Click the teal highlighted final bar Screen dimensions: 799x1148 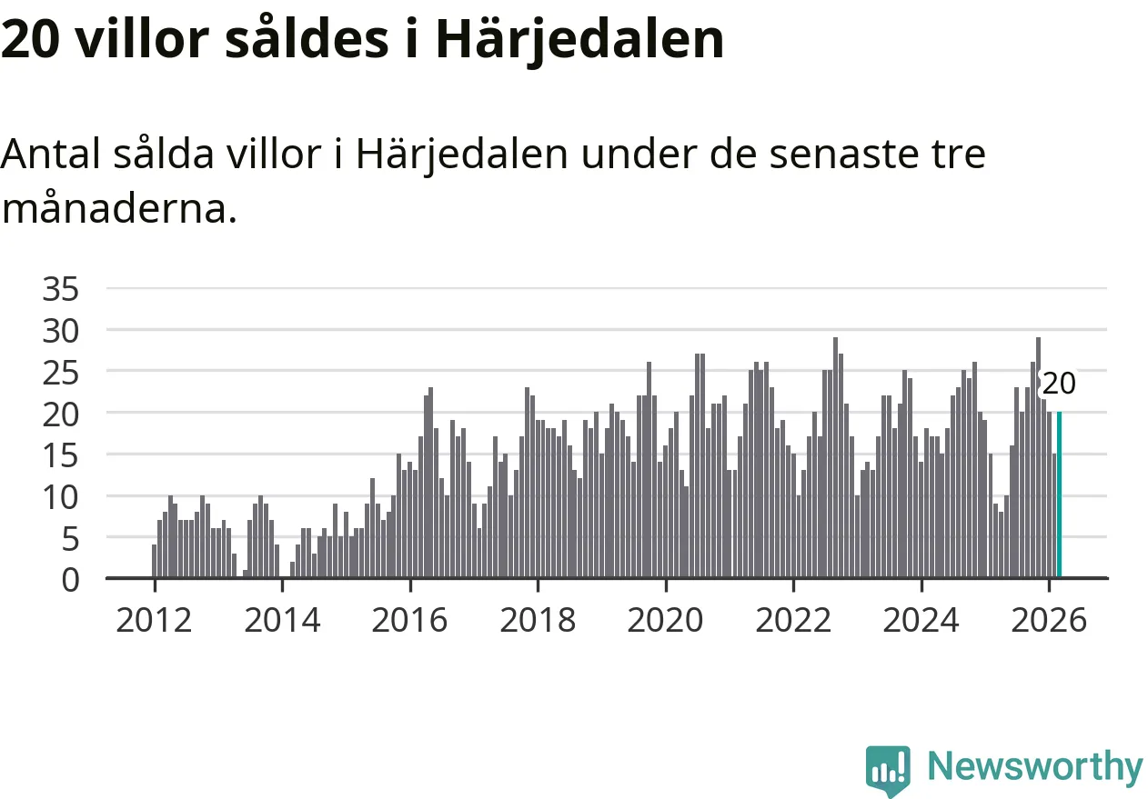pyautogui.click(x=1059, y=494)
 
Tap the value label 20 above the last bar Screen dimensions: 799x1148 pyautogui.click(x=1059, y=384)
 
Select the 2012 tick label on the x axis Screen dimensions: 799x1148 pyautogui.click(x=154, y=621)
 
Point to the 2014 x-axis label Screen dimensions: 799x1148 pyautogui.click(x=282, y=621)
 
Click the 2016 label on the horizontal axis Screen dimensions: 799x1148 pyautogui.click(x=410, y=621)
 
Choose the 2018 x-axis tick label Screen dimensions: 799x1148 pyautogui.click(x=538, y=621)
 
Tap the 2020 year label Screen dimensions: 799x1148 pyautogui.click(x=666, y=621)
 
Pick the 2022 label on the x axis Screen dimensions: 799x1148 pyautogui.click(x=793, y=621)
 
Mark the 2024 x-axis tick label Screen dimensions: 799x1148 pyautogui.click(x=921, y=621)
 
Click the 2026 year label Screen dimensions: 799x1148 pyautogui.click(x=1049, y=621)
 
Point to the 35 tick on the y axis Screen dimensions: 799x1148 pyautogui.click(x=62, y=290)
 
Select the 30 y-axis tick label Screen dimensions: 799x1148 pyautogui.click(x=62, y=331)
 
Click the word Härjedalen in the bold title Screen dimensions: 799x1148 pyautogui.click(x=579, y=39)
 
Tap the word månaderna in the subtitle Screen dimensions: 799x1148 pyautogui.click(x=118, y=209)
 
